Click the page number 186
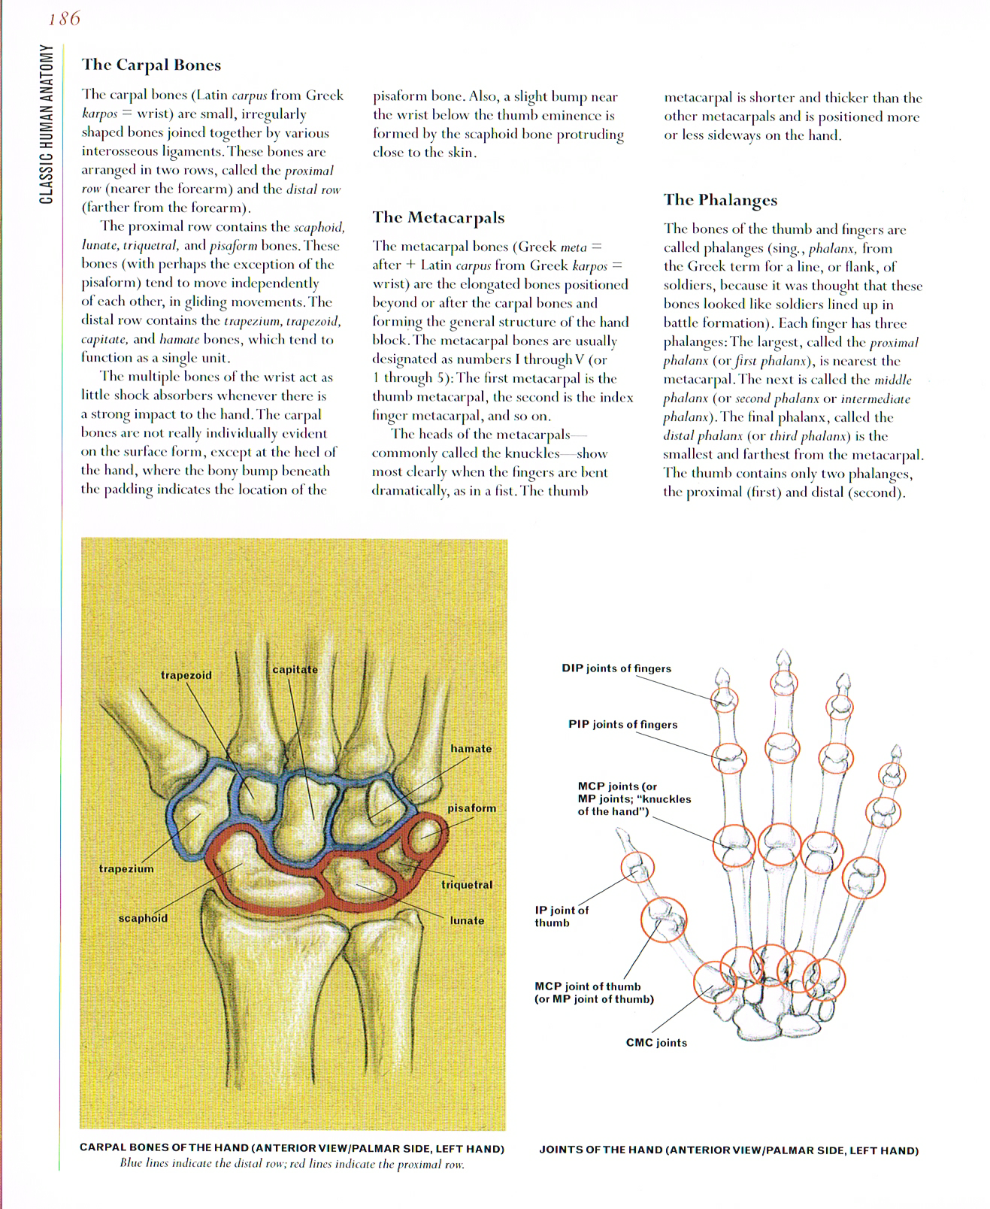65,19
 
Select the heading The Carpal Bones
151,65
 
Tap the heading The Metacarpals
438,217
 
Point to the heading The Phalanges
720,199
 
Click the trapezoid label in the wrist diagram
186,675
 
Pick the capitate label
295,669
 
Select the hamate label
471,748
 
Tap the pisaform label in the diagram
472,808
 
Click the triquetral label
467,885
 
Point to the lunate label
467,920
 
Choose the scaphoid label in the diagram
143,918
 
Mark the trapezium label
126,868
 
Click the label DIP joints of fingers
616,668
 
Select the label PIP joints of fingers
622,725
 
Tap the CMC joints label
656,1043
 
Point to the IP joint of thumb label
562,916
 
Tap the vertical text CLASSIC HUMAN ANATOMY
47,124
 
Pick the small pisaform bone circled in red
424,831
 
